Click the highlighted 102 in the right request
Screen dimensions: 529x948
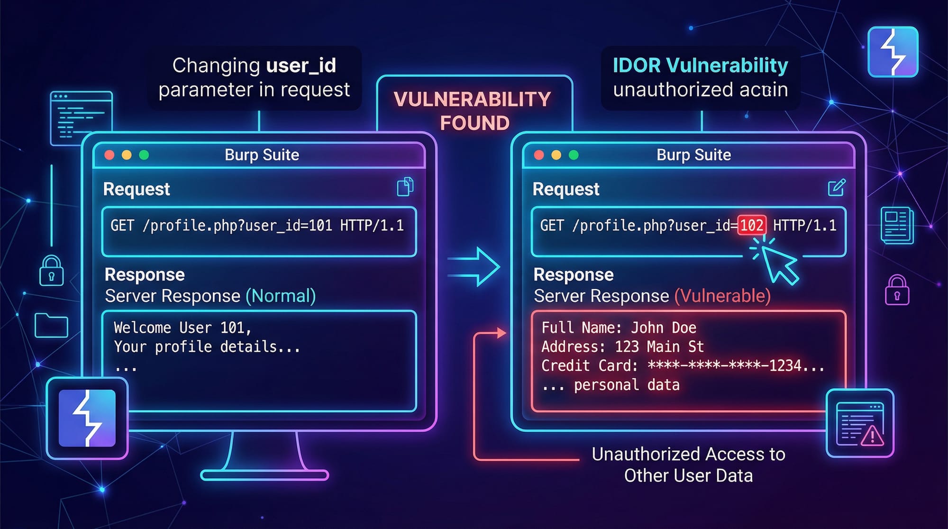(751, 225)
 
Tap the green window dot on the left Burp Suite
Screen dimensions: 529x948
(144, 155)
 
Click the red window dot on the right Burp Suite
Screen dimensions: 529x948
(539, 155)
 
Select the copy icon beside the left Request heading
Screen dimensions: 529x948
(405, 187)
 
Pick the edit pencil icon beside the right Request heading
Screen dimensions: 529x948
(836, 187)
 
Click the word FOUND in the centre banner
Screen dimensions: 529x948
(474, 123)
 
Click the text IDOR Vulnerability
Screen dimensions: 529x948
(700, 65)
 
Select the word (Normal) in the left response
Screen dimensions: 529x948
(281, 296)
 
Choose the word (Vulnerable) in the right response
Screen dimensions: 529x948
(722, 296)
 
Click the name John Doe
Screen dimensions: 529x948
(663, 328)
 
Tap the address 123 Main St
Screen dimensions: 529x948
(659, 347)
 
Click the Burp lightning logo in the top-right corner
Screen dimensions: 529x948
(893, 52)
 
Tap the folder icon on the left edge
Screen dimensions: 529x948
(51, 325)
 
